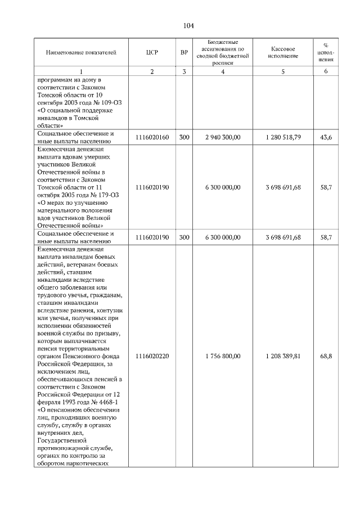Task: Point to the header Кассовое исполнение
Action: tap(283, 53)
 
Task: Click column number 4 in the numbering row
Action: tap(223, 71)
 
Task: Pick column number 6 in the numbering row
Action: tap(326, 71)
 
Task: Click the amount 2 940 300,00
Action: tap(223, 138)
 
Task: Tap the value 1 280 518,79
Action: tap(283, 138)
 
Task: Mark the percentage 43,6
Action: tap(326, 138)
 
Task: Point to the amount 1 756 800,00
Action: tap(223, 357)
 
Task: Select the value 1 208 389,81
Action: tap(283, 357)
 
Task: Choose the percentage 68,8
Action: tap(326, 357)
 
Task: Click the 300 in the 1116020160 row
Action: tap(184, 138)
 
